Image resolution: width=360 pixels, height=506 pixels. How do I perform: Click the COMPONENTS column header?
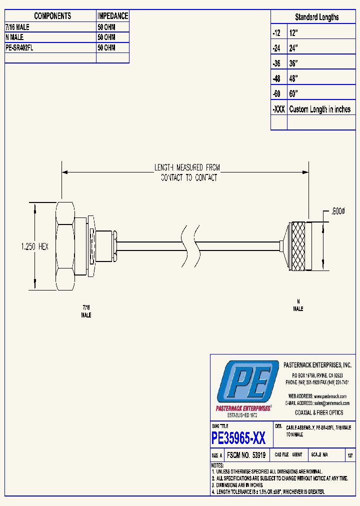pos(52,16)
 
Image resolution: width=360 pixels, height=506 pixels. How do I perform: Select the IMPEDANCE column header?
pos(112,16)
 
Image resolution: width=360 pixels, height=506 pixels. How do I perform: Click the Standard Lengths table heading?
pos(316,17)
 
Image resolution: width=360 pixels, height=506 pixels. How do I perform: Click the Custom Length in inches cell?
pos(320,109)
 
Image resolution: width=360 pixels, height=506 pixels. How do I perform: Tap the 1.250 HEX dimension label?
pos(34,246)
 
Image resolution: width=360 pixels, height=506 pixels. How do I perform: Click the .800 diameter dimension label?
pos(337,212)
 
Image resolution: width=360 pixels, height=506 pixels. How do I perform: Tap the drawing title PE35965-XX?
pos(238,438)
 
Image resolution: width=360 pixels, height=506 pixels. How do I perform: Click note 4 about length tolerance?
pos(267,492)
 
